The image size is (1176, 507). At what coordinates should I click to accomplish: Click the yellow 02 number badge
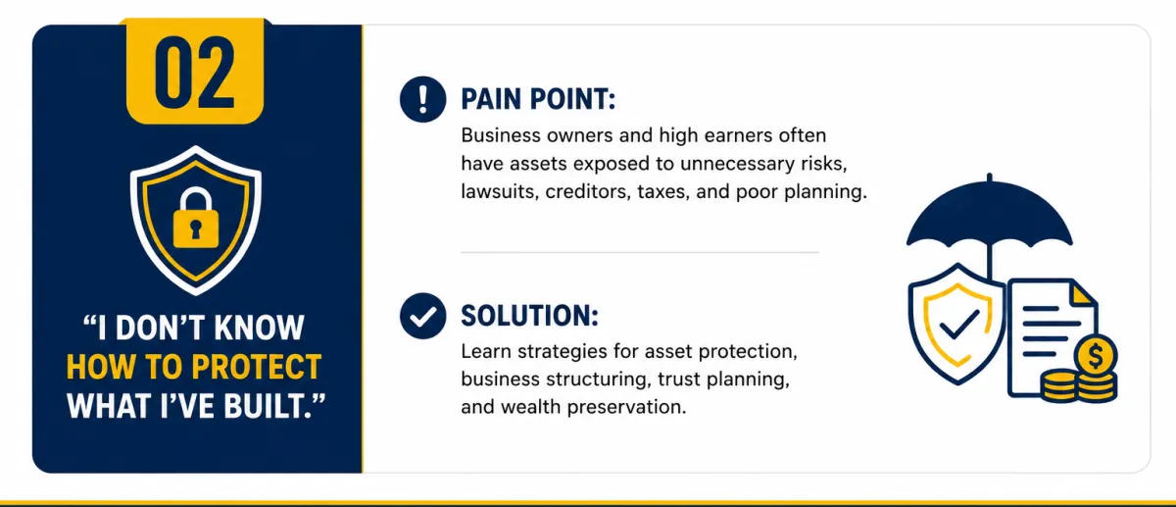tap(195, 71)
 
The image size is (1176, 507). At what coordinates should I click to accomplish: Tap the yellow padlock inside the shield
tap(196, 218)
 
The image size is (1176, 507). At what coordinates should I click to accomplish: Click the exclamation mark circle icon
tap(422, 99)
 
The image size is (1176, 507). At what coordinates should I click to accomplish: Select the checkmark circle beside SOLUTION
tap(422, 316)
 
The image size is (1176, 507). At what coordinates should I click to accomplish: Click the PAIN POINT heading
tap(538, 99)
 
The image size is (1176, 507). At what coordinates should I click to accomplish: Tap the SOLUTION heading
tap(530, 316)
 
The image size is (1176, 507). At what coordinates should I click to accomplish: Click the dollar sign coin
tap(1096, 356)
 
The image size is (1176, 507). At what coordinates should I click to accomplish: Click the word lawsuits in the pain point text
tap(500, 191)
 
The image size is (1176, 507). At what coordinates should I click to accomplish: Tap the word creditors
tap(587, 191)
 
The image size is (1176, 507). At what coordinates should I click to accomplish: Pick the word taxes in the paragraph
tap(662, 192)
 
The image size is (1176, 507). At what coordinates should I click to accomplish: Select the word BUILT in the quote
tap(266, 406)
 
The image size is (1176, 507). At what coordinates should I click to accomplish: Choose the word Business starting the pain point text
tap(501, 135)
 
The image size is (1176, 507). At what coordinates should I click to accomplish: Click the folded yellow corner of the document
tap(1082, 293)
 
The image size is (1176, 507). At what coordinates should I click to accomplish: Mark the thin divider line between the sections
tap(640, 252)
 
